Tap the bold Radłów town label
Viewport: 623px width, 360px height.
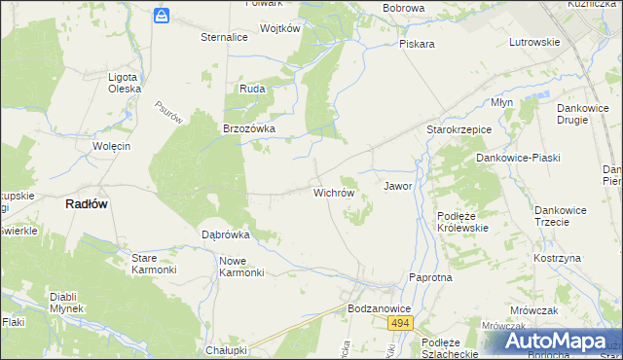tap(86, 204)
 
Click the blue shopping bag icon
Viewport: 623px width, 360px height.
tap(162, 15)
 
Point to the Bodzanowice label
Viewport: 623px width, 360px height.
tap(380, 307)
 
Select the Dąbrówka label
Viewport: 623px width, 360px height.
tap(226, 234)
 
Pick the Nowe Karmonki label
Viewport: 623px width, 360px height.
tap(242, 267)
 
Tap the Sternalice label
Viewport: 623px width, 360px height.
tap(224, 37)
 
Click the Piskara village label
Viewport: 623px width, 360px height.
tap(417, 44)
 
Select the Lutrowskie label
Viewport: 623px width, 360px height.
tap(534, 42)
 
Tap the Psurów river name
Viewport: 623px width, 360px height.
tap(168, 113)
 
